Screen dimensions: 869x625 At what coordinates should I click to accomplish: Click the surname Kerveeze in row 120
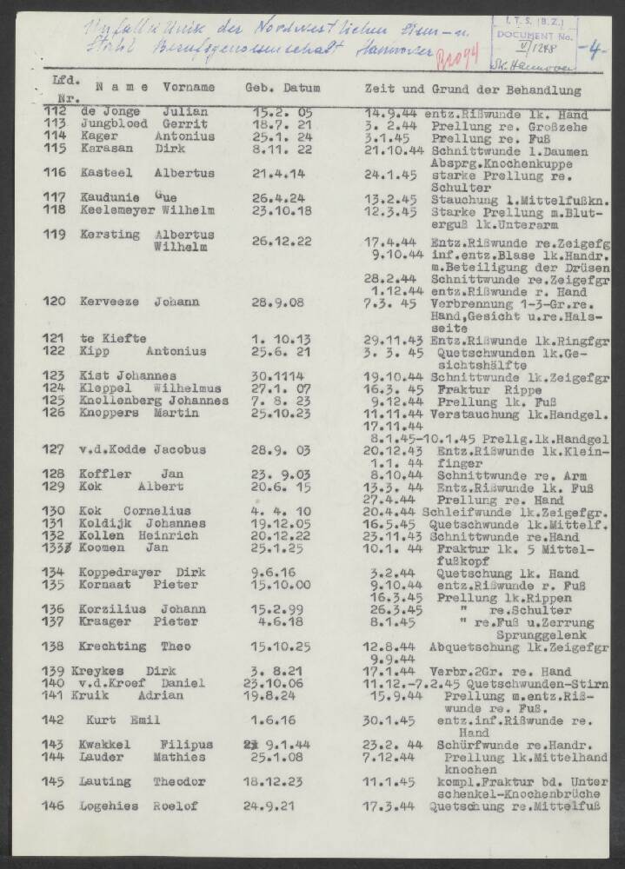click(x=110, y=302)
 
